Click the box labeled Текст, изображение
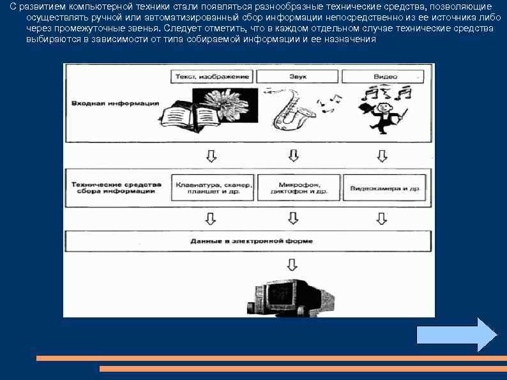[x=213, y=77]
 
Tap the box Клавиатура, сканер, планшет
[x=213, y=188]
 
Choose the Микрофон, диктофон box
[x=298, y=188]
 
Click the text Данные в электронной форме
[x=252, y=241]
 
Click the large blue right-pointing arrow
[x=456, y=335]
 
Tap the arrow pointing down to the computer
[x=292, y=264]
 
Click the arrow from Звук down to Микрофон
[x=293, y=155]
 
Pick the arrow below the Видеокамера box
[x=381, y=218]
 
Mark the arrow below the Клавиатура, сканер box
[x=210, y=218]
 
